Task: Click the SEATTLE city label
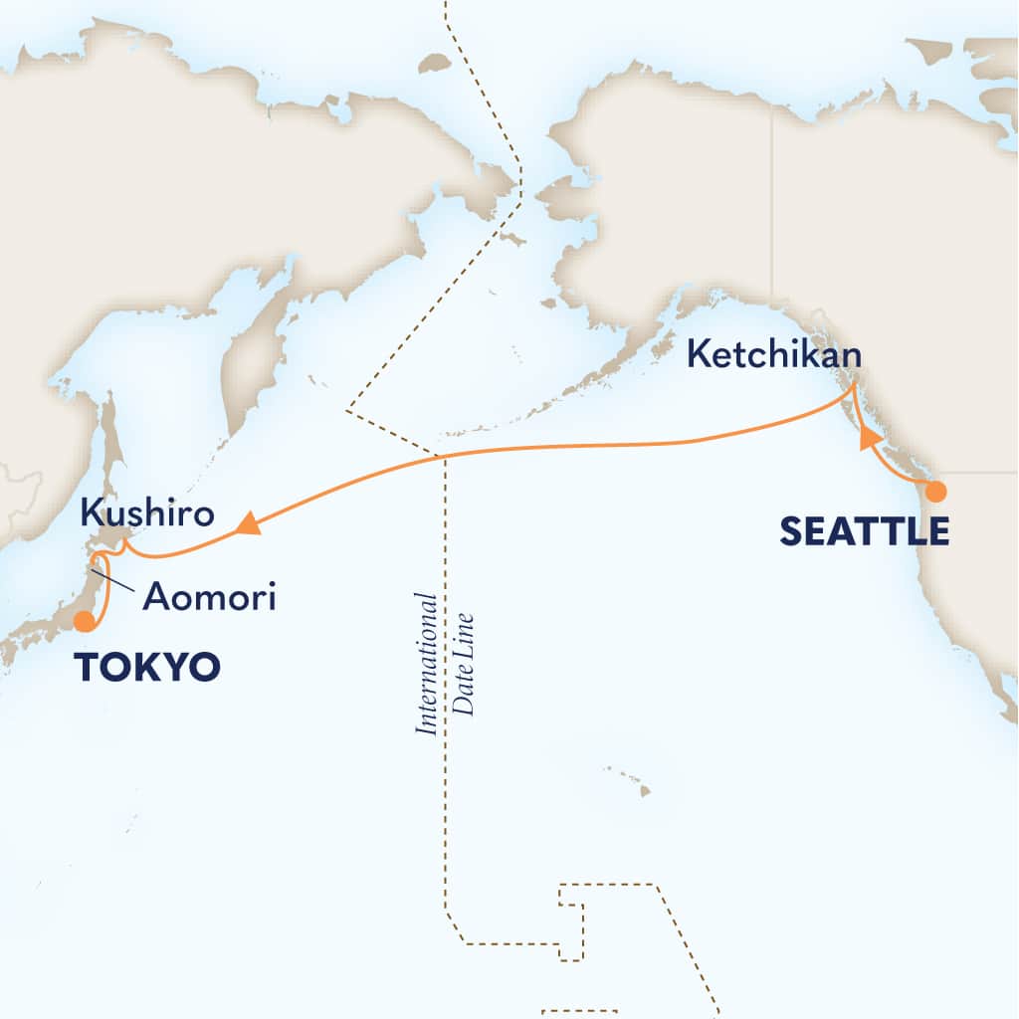864,531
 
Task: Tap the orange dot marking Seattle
935,491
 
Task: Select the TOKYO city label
146,666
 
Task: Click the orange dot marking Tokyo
85,622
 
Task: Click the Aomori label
208,597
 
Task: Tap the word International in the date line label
427,664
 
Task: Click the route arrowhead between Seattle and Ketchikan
868,436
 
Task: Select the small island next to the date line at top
434,63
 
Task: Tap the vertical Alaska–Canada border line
772,199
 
